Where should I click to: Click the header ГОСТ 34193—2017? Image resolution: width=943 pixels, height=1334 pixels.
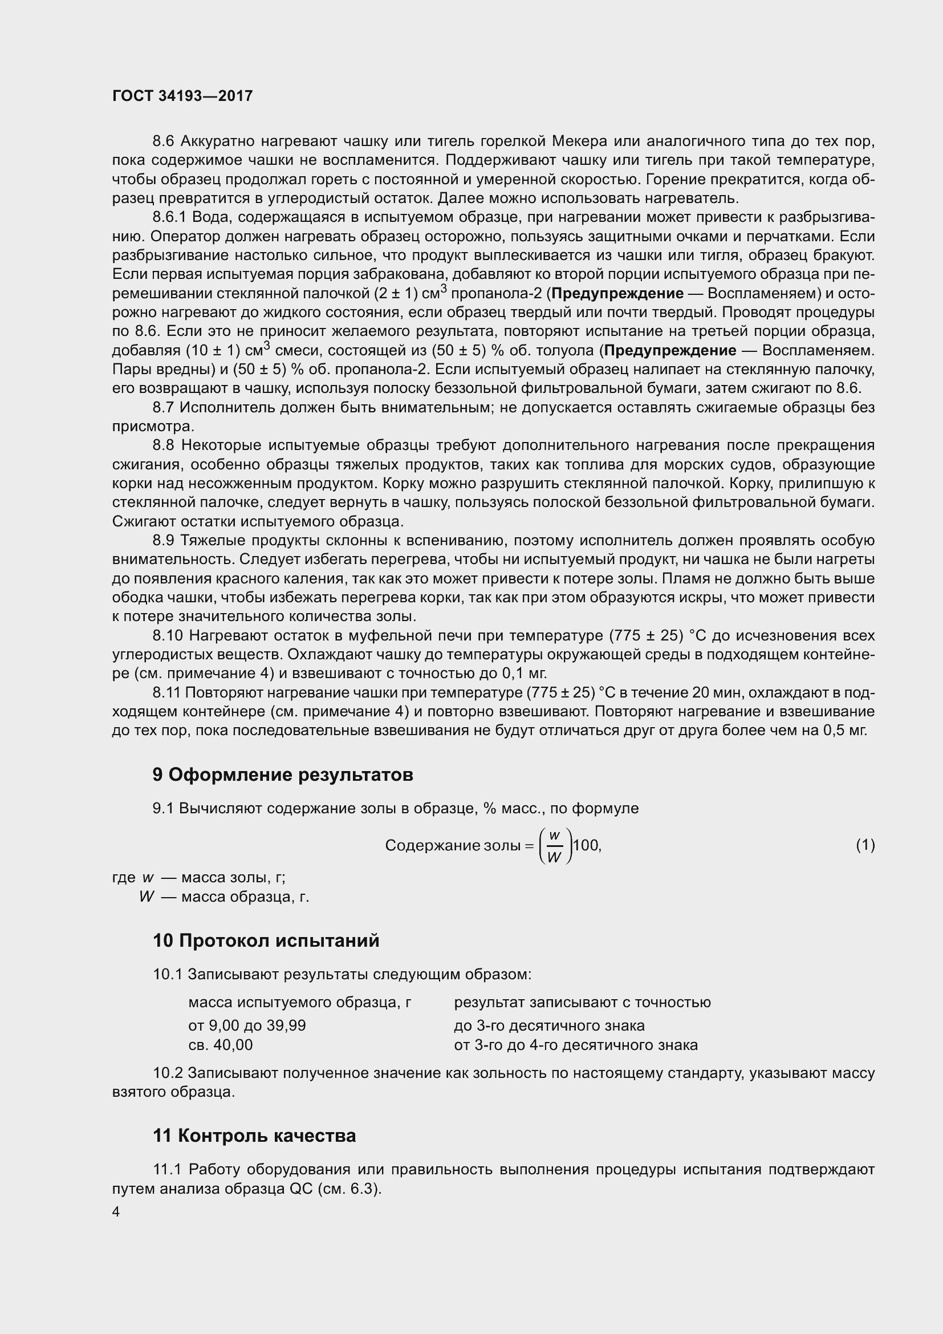click(x=182, y=96)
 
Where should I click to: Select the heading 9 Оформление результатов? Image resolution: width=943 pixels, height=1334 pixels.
click(x=283, y=775)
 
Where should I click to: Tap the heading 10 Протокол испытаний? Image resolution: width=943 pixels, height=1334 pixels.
click(x=266, y=940)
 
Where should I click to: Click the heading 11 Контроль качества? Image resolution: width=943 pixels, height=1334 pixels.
click(x=254, y=1136)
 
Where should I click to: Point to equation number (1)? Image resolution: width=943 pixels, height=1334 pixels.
click(x=865, y=845)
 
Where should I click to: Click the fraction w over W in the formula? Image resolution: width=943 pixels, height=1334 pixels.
click(x=555, y=846)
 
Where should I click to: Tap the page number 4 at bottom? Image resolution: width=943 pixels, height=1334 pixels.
click(x=116, y=1213)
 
